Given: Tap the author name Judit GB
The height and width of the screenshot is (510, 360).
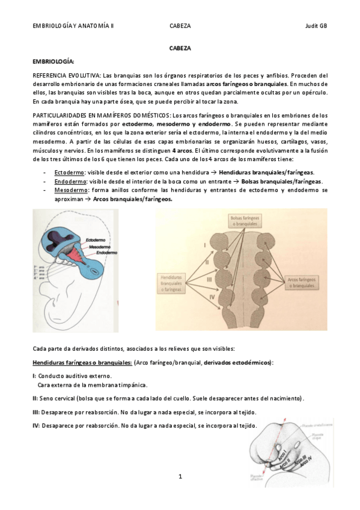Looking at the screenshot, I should (x=315, y=26).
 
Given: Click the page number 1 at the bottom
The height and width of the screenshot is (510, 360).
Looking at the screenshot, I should (x=180, y=476).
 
